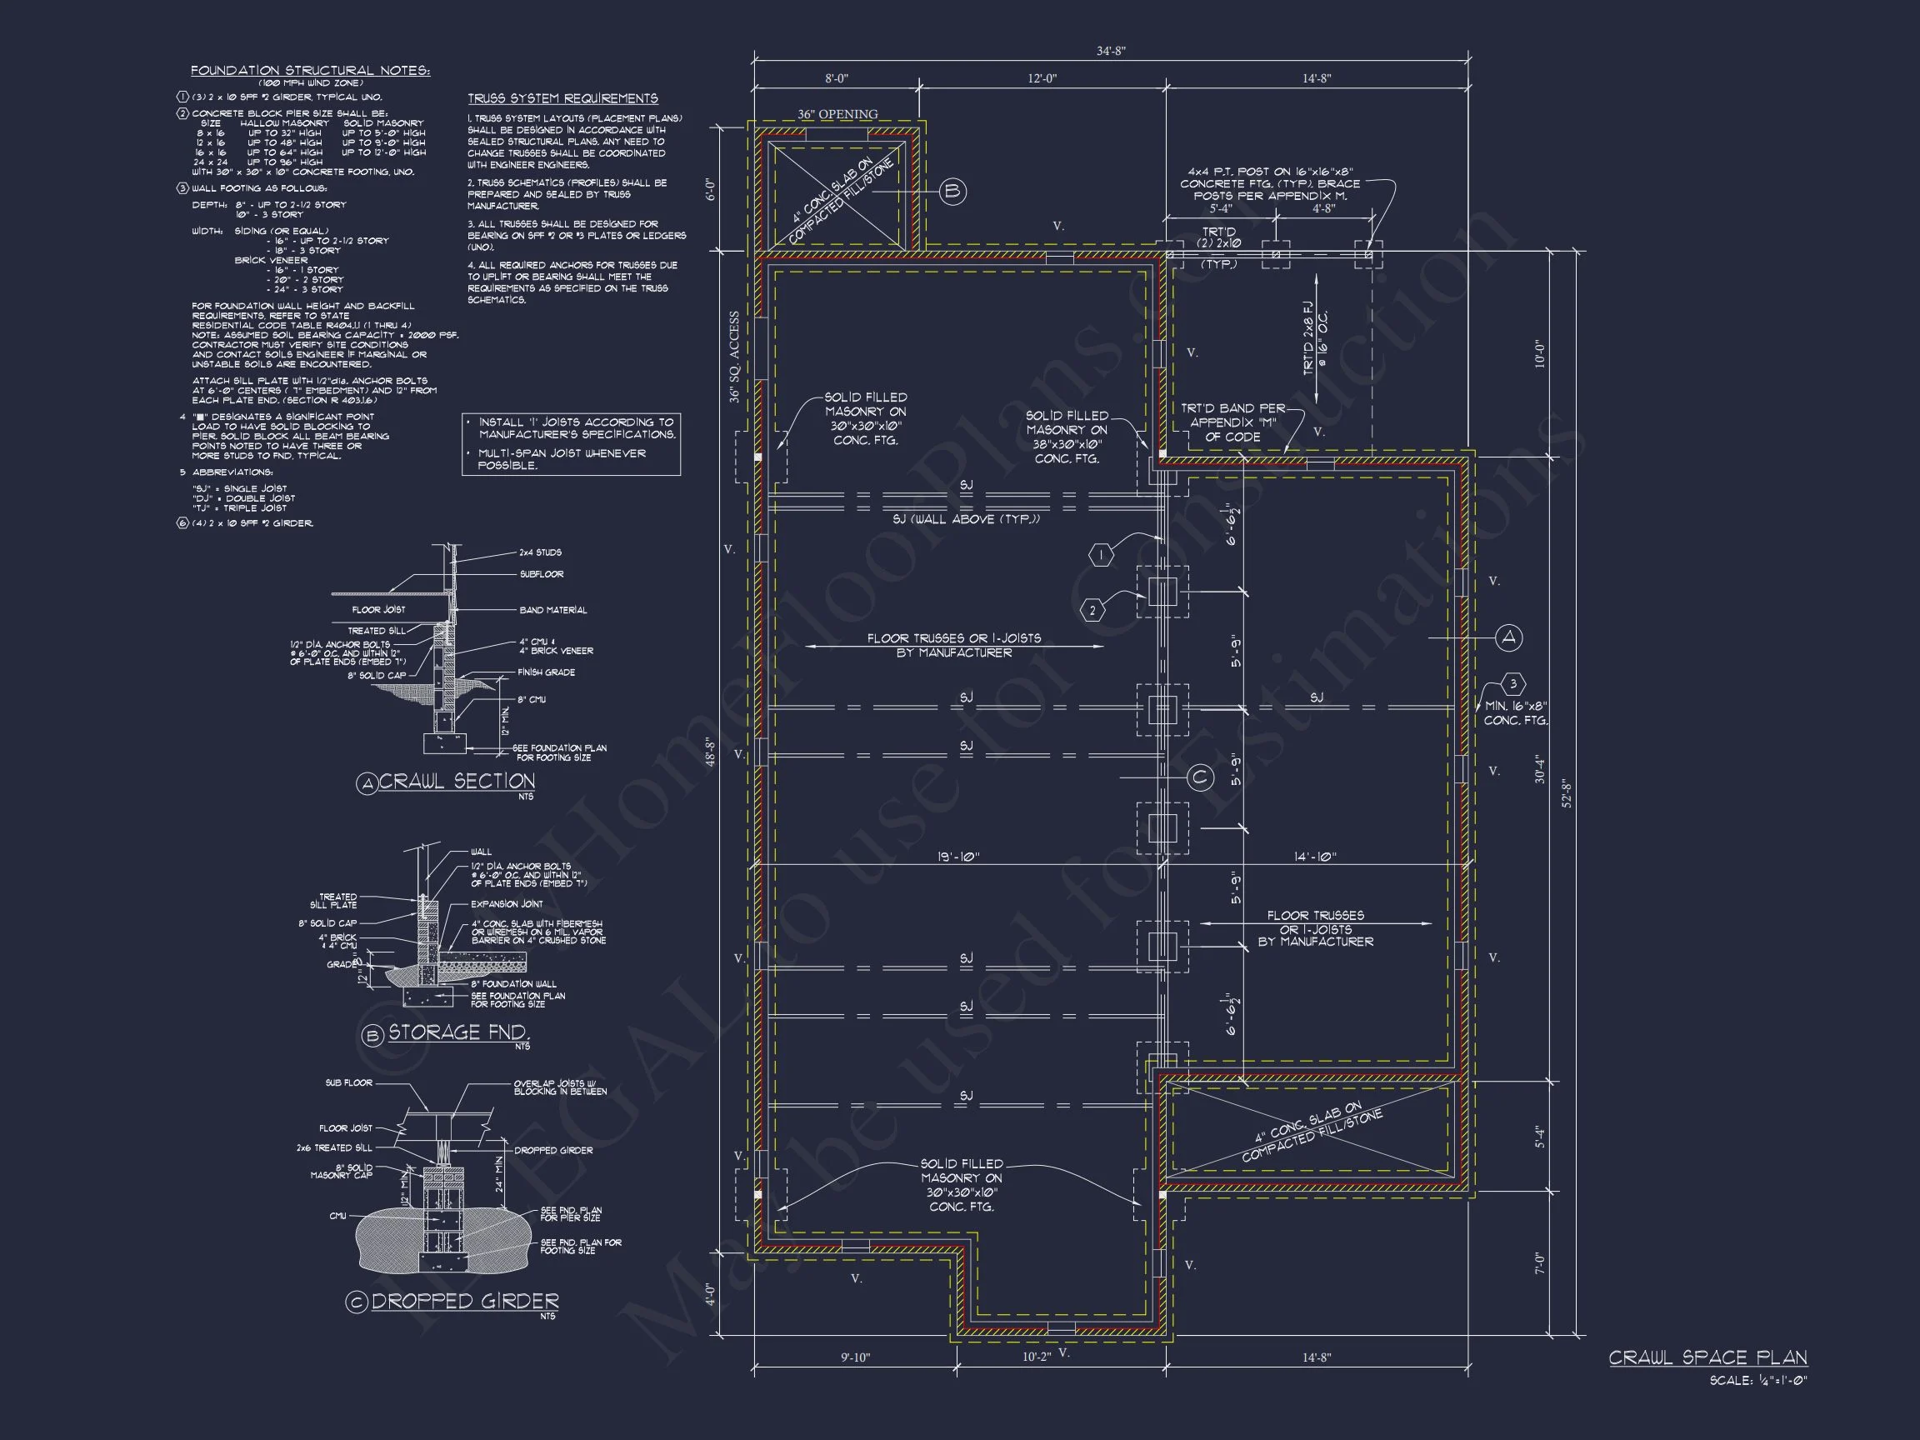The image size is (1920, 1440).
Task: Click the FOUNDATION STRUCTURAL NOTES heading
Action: tap(310, 70)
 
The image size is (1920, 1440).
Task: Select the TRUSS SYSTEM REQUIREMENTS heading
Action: tap(562, 98)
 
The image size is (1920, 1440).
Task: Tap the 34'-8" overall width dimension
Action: tap(1110, 51)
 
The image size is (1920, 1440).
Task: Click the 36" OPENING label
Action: tap(837, 113)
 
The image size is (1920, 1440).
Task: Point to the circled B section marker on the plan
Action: tap(952, 191)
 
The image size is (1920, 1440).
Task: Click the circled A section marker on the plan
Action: tap(1509, 638)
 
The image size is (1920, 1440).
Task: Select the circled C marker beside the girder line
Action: tap(1199, 777)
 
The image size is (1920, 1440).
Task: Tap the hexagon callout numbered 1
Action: tap(1101, 556)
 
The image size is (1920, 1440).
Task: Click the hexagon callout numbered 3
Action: tap(1512, 684)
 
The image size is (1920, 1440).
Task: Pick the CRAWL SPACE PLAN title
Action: tap(1707, 1357)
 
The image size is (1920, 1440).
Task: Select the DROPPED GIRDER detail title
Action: tap(464, 1301)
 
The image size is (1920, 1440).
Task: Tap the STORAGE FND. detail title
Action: tap(457, 1032)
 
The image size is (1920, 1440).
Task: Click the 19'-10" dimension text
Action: tap(958, 857)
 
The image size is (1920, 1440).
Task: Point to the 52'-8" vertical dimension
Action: tap(1567, 792)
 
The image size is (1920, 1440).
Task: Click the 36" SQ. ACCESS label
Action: tap(734, 357)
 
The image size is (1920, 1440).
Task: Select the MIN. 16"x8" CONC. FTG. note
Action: tap(1516, 713)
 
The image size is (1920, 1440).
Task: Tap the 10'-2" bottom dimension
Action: tap(1036, 1357)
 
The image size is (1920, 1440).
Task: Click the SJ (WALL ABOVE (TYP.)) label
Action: tap(965, 519)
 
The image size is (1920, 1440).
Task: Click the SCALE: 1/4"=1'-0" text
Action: tap(1757, 1380)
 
